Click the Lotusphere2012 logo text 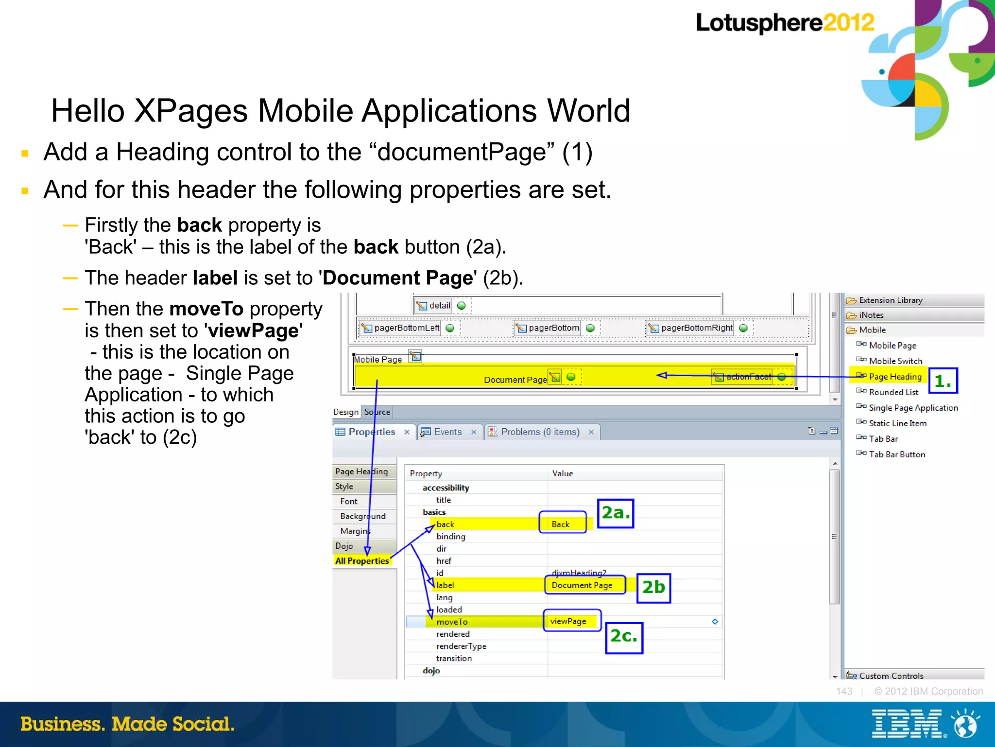(784, 23)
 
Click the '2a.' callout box (615, 513)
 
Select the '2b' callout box (653, 588)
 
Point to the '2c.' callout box (624, 637)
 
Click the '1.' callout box (943, 381)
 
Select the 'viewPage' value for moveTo (568, 621)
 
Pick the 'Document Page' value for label (582, 585)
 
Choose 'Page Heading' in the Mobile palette (895, 377)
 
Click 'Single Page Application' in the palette (913, 408)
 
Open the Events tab (447, 432)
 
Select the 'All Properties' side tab (362, 560)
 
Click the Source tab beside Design (377, 412)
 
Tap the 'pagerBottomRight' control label (696, 328)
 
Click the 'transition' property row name (454, 658)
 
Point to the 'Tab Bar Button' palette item (897, 454)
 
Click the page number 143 (844, 691)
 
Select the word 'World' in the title (589, 111)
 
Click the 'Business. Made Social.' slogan (127, 724)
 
